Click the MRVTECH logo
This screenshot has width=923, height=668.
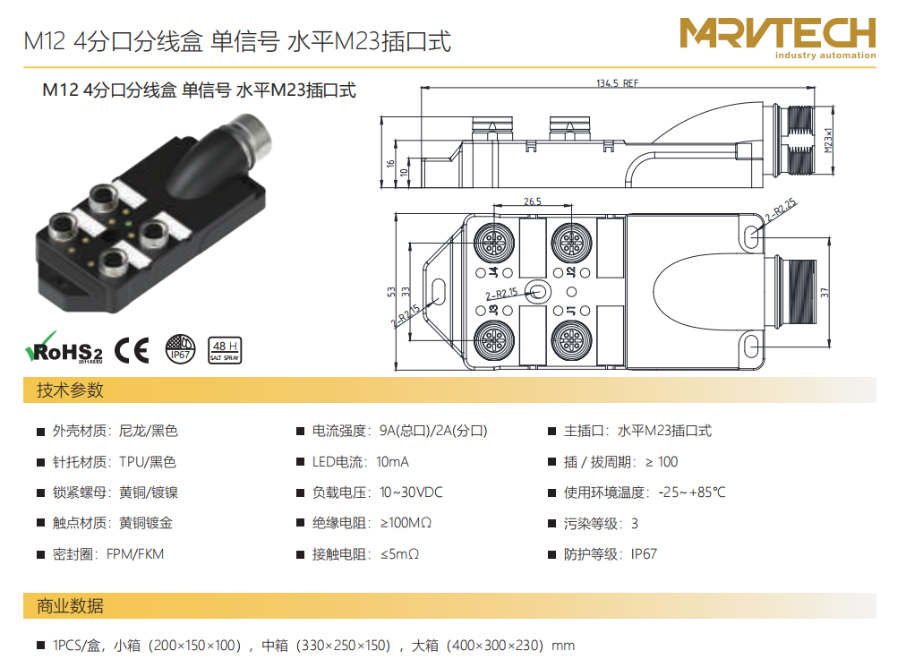pos(778,38)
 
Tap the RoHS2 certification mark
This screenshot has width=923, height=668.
pos(64,347)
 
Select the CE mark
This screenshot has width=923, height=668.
pos(132,350)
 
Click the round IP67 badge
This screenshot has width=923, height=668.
pos(180,348)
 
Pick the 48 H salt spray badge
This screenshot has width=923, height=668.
pos(225,350)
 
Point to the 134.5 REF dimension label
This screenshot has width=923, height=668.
pos(617,83)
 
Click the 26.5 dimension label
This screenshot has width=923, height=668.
pos(533,201)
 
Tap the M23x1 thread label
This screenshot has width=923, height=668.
pos(828,140)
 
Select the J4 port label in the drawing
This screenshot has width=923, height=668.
pos(494,272)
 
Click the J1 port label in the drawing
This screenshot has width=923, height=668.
pos(571,310)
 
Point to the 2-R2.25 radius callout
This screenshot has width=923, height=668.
pos(782,209)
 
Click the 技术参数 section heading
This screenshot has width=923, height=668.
pos(70,390)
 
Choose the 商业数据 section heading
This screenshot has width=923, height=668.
pos(70,605)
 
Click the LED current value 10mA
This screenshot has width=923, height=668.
pos(393,462)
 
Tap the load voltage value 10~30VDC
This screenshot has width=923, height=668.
pos(412,492)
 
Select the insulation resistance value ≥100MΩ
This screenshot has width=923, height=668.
pos(406,523)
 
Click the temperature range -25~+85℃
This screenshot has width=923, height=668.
pos(692,492)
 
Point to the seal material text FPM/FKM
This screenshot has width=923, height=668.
pos(135,554)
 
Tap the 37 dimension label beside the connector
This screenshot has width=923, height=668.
pos(825,292)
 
